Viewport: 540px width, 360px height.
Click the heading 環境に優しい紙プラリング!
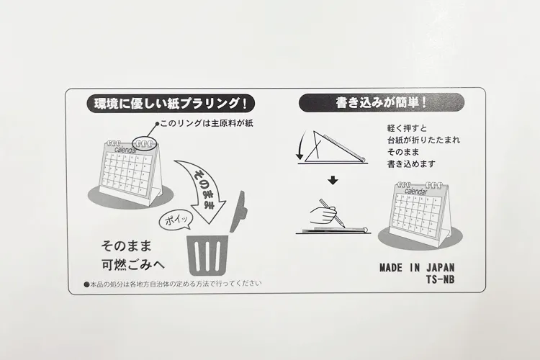[171, 104]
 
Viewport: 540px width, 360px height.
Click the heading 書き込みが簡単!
[381, 103]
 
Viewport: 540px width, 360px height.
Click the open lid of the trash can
[238, 212]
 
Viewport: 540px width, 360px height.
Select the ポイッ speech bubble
[176, 220]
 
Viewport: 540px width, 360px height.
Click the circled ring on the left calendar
[145, 143]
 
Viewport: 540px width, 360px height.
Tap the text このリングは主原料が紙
[207, 123]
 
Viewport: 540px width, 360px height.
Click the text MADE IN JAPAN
[417, 268]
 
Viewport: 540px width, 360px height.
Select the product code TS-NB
[441, 279]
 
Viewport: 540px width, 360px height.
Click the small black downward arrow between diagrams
[333, 180]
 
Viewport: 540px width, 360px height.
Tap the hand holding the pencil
[324, 215]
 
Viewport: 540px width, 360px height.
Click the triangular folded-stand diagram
[333, 147]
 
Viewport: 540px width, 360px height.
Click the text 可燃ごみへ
[133, 264]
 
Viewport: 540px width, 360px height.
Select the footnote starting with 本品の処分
[173, 284]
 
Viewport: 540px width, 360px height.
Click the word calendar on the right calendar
[415, 192]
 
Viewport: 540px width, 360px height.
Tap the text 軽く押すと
[407, 128]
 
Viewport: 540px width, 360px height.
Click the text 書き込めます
[412, 164]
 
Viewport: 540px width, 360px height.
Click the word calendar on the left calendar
[125, 150]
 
